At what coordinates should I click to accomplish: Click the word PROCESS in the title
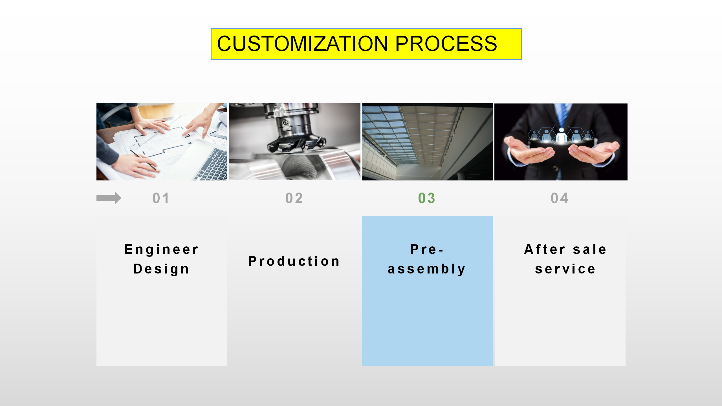[x=446, y=44]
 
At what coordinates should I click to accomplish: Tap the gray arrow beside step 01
[x=109, y=198]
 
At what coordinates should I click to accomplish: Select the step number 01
[x=161, y=198]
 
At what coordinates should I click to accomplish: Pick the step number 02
[x=294, y=198]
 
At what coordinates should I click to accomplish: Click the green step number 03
[x=427, y=198]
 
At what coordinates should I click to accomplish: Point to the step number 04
[x=560, y=198]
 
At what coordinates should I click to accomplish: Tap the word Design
[x=161, y=269]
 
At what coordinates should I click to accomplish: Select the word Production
[x=294, y=261]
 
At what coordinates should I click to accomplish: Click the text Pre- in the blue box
[x=427, y=250]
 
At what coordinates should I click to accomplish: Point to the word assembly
[x=427, y=269]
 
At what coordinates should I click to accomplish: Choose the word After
[x=545, y=250]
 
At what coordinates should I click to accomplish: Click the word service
[x=565, y=269]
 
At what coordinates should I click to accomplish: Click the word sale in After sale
[x=590, y=250]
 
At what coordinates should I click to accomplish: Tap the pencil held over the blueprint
[x=143, y=160]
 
